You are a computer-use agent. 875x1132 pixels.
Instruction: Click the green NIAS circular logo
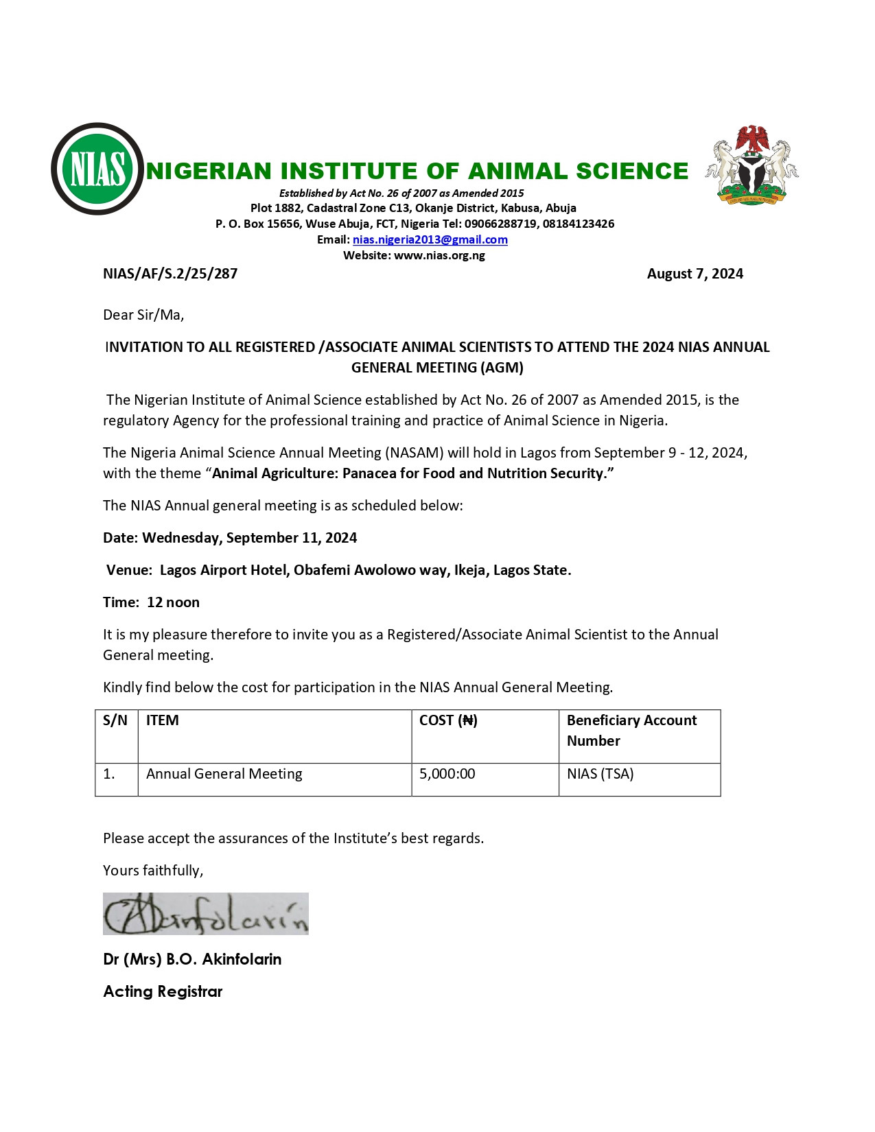click(x=97, y=169)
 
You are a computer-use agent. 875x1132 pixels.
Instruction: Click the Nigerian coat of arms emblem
click(x=752, y=165)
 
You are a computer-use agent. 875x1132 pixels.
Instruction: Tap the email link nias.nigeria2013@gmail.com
click(x=430, y=239)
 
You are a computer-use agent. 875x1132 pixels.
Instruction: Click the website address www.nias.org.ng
click(x=439, y=255)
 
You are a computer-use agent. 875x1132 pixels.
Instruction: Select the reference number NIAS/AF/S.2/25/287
click(x=170, y=274)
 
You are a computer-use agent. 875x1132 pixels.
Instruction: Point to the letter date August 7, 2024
click(x=695, y=274)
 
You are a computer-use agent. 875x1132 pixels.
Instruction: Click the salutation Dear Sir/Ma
click(x=143, y=315)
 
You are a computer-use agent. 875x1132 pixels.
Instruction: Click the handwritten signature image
click(x=205, y=914)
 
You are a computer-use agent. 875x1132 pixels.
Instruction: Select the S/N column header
click(x=115, y=720)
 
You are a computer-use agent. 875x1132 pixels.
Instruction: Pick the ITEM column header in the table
click(x=163, y=720)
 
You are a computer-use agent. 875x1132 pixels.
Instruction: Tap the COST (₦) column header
click(x=448, y=720)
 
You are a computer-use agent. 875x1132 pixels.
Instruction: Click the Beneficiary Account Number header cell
click(x=631, y=730)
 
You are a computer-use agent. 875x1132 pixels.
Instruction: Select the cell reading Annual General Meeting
click(x=224, y=774)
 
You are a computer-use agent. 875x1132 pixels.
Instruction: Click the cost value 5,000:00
click(x=447, y=774)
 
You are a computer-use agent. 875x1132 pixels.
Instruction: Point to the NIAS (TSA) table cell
click(x=600, y=774)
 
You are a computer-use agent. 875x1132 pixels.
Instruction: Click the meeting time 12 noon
click(x=173, y=602)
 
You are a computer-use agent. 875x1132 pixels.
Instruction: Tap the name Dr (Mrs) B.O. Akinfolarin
click(x=192, y=959)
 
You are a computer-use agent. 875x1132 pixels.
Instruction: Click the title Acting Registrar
click(x=163, y=991)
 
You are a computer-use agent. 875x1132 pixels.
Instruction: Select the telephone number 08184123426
click(x=579, y=224)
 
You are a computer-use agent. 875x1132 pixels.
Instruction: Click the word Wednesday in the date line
click(x=181, y=538)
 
